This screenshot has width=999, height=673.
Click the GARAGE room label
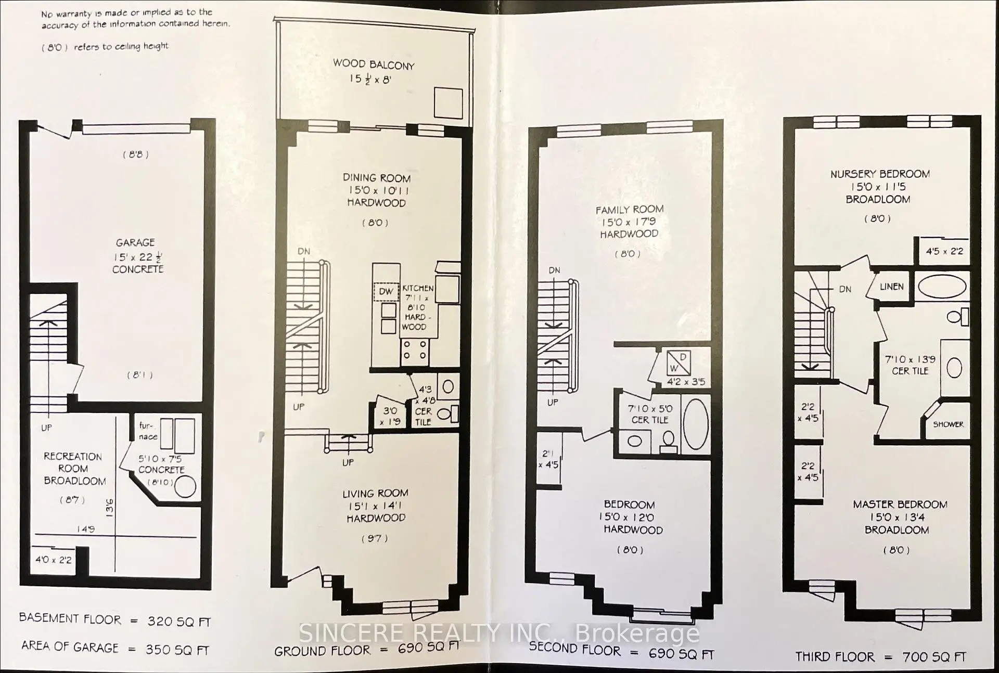[135, 242]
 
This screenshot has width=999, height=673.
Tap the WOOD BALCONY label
[374, 64]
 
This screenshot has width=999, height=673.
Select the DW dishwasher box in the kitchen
[386, 291]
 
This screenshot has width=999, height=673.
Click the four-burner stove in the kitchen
[415, 350]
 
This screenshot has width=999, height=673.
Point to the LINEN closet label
[891, 287]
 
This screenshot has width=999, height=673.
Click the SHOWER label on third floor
[948, 424]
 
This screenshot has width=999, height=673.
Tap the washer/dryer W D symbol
[679, 363]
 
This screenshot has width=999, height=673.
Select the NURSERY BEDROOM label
[879, 174]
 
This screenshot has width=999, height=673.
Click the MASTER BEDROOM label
[900, 504]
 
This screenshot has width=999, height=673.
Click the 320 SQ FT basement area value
[178, 622]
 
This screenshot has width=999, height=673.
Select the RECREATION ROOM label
[73, 468]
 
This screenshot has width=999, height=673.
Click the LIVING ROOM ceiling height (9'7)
[375, 538]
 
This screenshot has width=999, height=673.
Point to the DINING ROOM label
[376, 178]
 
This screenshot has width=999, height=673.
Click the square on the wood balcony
[448, 103]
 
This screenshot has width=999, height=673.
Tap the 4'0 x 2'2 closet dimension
[53, 560]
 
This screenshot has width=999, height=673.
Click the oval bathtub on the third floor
[942, 287]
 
